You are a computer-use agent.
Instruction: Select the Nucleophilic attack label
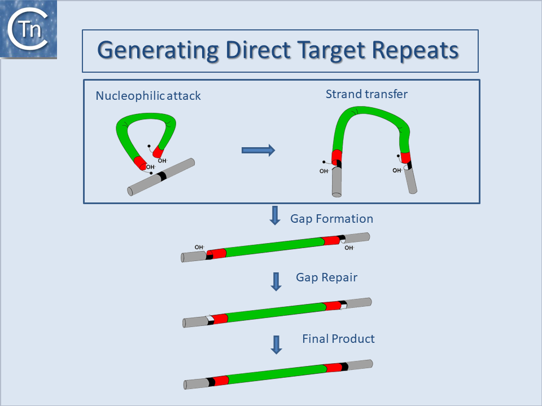click(x=148, y=95)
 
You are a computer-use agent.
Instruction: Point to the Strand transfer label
click(x=366, y=94)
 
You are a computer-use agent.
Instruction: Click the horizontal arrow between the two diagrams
click(x=258, y=149)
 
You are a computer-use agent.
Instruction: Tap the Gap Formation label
click(x=331, y=218)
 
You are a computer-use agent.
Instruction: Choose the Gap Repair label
click(x=326, y=277)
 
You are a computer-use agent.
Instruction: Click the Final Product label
click(x=338, y=339)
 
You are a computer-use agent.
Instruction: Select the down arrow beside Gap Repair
click(x=276, y=281)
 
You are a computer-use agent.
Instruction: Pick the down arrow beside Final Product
click(x=276, y=345)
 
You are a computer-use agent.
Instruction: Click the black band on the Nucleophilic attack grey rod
click(x=163, y=176)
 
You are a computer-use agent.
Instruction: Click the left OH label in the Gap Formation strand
click(x=199, y=247)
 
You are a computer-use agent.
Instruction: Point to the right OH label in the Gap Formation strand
click(x=349, y=248)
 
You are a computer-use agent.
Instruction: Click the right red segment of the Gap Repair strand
click(x=333, y=306)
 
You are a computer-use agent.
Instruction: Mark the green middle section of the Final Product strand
click(x=277, y=373)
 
